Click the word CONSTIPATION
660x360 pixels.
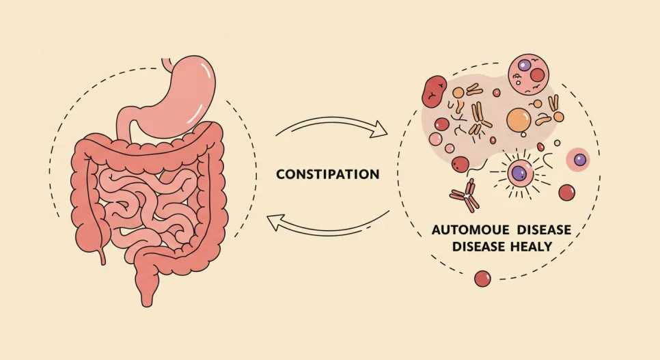[x=327, y=174]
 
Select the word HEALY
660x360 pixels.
[x=531, y=247]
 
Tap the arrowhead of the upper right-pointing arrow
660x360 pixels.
[x=381, y=129]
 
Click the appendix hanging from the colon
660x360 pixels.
[x=102, y=255]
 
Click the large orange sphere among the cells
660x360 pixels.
[x=518, y=120]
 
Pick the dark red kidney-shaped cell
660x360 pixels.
[x=434, y=91]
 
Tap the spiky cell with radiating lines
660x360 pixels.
[x=520, y=173]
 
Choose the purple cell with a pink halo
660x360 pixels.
[x=579, y=160]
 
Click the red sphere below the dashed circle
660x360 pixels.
[x=482, y=279]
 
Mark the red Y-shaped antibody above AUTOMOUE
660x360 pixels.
[x=465, y=195]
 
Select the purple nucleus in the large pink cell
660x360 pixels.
[x=524, y=66]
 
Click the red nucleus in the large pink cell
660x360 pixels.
[x=537, y=76]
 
